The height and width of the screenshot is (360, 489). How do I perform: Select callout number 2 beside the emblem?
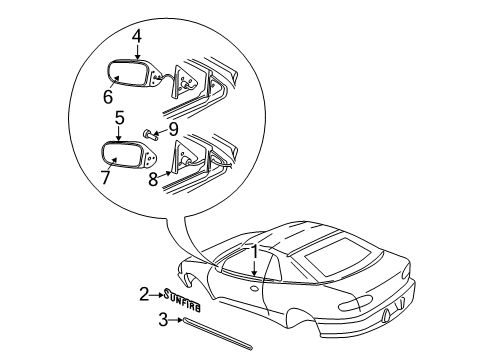click(x=143, y=294)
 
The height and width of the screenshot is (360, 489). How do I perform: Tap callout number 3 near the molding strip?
click(x=163, y=320)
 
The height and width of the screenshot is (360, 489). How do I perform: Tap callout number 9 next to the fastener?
click(x=173, y=129)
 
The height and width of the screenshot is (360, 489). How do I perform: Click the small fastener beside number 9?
click(x=149, y=132)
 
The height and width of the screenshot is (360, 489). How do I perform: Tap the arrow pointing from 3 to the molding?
click(x=176, y=321)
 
